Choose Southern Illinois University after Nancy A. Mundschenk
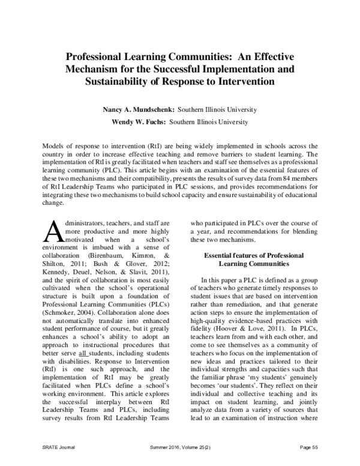205,110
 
